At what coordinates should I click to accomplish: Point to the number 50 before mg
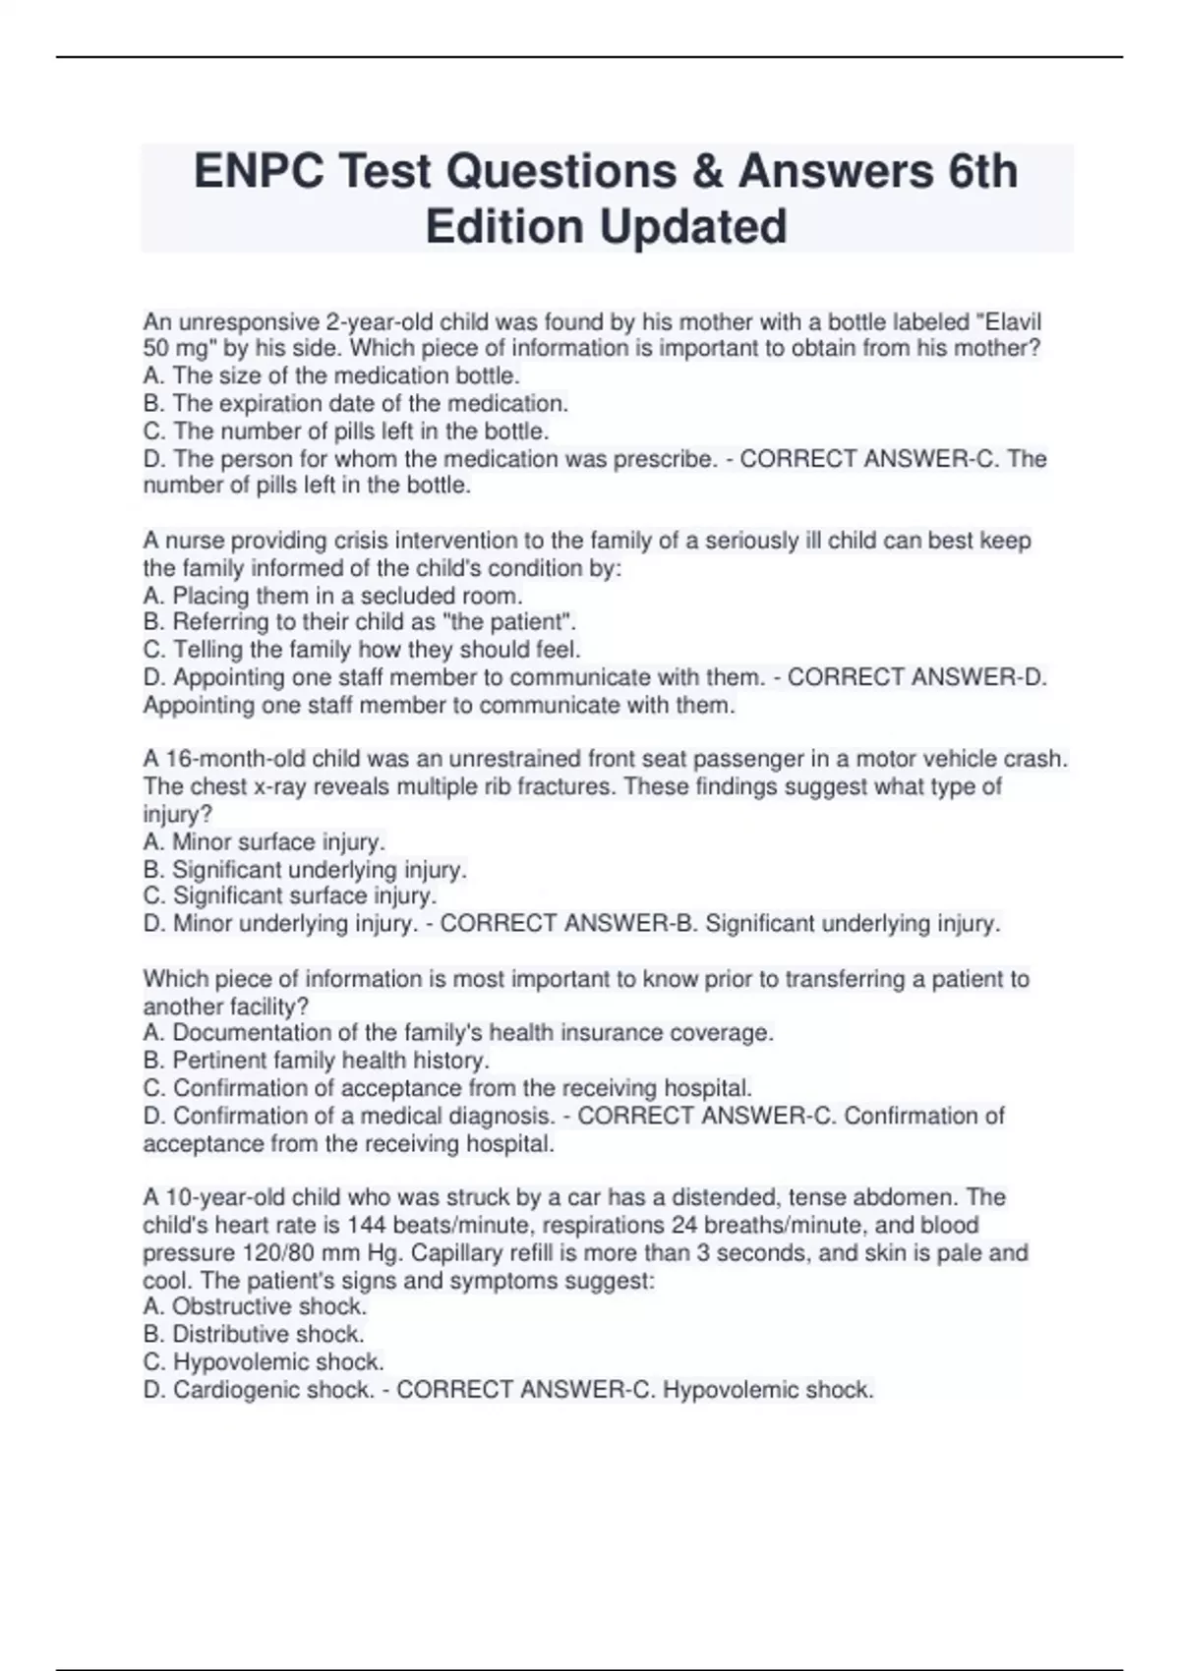coord(157,349)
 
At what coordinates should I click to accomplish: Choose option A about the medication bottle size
coord(331,376)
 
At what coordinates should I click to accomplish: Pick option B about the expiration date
coord(355,404)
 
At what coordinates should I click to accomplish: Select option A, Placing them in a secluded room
coord(332,597)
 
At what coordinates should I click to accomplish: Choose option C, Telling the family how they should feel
coord(362,650)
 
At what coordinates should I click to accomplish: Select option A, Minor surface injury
coord(264,842)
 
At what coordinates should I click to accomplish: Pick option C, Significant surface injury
coord(290,896)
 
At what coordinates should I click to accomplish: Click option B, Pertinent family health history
coord(316,1061)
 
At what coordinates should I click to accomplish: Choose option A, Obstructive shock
coord(255,1307)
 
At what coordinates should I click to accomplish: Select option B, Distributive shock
coord(254,1335)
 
